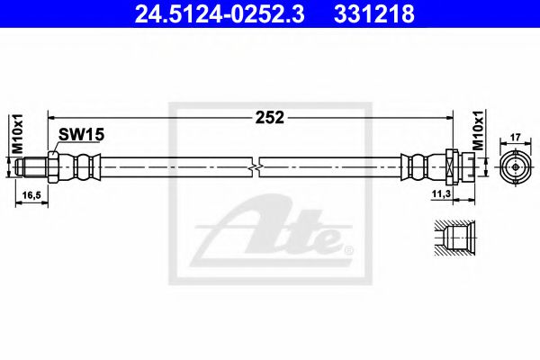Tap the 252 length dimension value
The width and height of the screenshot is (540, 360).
coord(270,117)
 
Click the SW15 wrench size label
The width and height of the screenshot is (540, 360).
coord(82,134)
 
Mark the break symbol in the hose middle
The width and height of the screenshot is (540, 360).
coord(257,166)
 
